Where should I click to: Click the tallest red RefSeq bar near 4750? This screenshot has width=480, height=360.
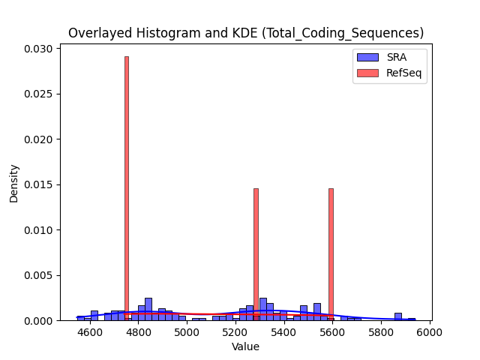(127, 188)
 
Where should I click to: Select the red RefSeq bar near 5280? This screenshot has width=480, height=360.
(256, 255)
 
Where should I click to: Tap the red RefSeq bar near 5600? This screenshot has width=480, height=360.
(331, 255)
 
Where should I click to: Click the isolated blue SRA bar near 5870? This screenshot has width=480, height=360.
(398, 316)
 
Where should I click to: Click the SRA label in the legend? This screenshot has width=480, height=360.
(397, 57)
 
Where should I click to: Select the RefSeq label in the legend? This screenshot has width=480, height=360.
(403, 73)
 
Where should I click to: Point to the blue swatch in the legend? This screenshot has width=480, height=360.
(367, 57)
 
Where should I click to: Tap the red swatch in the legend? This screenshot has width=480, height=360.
(367, 73)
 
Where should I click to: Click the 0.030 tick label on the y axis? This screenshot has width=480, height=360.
(38, 49)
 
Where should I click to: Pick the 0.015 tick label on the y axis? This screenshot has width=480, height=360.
(38, 185)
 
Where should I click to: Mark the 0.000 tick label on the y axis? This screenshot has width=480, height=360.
(38, 321)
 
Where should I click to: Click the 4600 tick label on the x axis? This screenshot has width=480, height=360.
(90, 332)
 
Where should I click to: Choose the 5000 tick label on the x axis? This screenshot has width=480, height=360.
(187, 332)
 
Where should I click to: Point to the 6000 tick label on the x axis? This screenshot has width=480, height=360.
(430, 332)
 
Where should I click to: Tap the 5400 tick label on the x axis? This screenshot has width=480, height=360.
(284, 332)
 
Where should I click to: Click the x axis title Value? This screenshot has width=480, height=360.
(245, 346)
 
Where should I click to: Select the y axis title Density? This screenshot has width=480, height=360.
(13, 184)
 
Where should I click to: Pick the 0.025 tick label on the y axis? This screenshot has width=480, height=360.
(38, 94)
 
